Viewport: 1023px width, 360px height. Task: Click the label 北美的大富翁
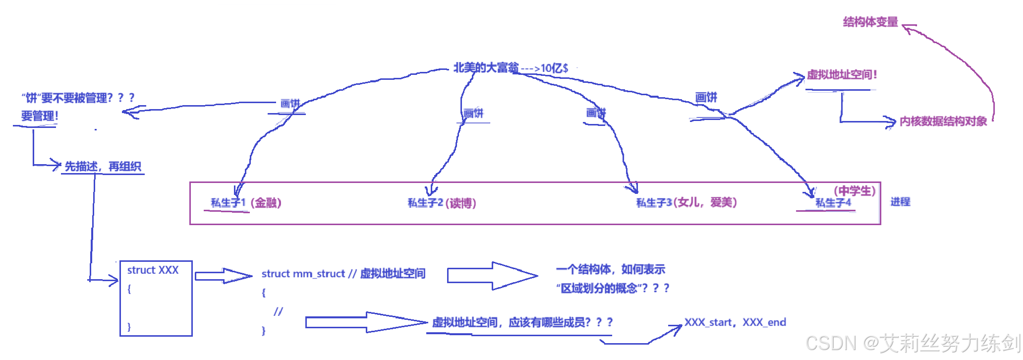coord(486,67)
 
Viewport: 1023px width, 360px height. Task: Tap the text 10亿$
coord(554,68)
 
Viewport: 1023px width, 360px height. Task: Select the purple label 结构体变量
coord(870,22)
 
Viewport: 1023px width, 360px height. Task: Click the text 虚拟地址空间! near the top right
coord(842,75)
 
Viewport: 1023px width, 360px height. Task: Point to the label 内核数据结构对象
coord(943,121)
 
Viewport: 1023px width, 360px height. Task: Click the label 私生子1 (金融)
coord(246,203)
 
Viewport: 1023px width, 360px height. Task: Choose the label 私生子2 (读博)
coord(442,203)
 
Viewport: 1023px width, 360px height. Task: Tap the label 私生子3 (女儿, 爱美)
coord(686,202)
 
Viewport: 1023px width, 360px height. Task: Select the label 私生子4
coord(833,203)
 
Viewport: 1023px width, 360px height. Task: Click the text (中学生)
coord(854,191)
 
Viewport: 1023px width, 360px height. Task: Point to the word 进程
coord(900,202)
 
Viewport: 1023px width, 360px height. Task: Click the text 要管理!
coord(40,117)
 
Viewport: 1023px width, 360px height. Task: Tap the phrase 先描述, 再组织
coord(103,167)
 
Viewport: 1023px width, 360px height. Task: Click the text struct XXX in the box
coord(153,270)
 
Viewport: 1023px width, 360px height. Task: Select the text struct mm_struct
coord(303,274)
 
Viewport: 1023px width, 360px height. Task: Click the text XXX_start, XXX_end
coord(735,322)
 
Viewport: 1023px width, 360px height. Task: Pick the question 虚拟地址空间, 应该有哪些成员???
coord(522,323)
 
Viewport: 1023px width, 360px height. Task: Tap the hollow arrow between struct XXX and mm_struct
coord(223,276)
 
